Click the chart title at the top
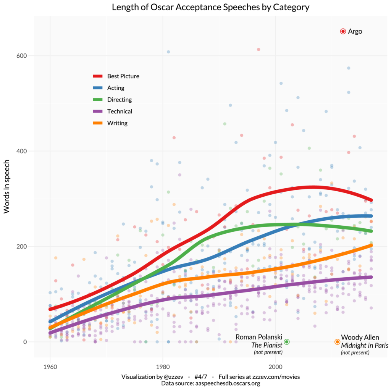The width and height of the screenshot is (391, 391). [x=210, y=7]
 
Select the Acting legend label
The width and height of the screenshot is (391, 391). [x=116, y=88]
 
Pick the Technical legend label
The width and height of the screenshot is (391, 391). [x=120, y=111]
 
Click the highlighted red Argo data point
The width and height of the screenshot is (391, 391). [x=343, y=31]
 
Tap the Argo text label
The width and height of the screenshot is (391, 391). [x=355, y=31]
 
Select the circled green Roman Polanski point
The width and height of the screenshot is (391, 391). [x=287, y=342]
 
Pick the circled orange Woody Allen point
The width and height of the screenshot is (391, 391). [x=337, y=342]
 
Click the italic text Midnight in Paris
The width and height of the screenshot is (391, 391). [x=365, y=345]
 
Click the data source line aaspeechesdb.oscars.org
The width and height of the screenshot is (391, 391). [x=210, y=383]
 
